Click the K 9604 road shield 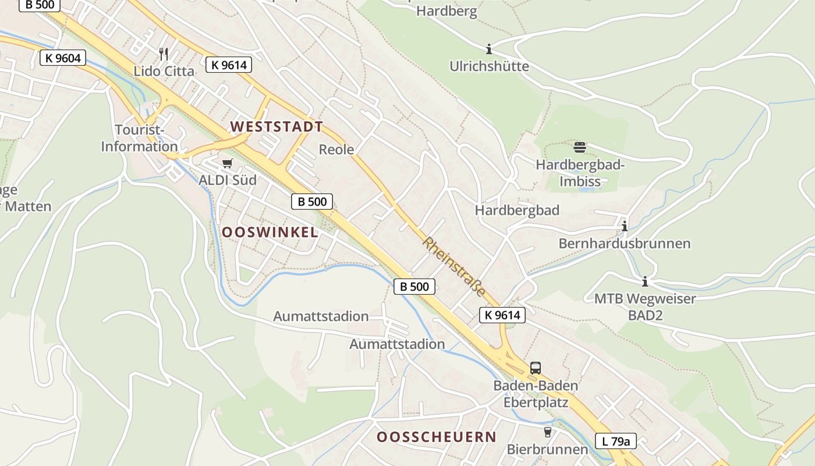[63, 58]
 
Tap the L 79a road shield [615, 441]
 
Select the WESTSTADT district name [277, 126]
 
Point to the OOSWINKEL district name [270, 232]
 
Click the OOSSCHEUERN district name [437, 437]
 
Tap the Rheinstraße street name [454, 267]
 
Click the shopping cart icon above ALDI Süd [227, 164]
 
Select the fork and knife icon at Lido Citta [164, 54]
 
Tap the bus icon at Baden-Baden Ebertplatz [535, 368]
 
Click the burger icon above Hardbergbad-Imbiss [579, 147]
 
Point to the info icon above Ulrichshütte [489, 49]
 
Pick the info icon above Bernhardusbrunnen [625, 226]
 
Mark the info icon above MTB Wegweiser [644, 282]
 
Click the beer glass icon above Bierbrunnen [547, 432]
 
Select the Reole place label [336, 149]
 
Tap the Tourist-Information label [139, 138]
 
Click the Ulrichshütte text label [489, 66]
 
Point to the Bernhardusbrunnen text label [625, 243]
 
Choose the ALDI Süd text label [228, 180]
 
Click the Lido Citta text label [164, 71]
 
